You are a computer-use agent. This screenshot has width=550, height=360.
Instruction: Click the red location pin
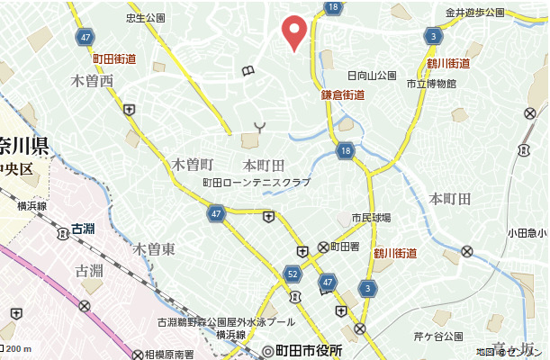click(294, 31)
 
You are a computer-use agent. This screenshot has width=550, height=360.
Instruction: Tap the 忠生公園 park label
click(146, 18)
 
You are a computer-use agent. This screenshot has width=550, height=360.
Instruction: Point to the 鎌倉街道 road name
click(342, 94)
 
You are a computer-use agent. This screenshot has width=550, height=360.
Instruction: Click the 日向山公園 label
click(372, 76)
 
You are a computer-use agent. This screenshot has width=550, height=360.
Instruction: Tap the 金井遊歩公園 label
click(477, 13)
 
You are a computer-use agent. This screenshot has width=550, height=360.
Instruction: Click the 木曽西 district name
click(92, 82)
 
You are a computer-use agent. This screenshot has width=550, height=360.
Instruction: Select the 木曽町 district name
click(192, 165)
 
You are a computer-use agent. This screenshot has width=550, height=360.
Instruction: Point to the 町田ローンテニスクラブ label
click(257, 183)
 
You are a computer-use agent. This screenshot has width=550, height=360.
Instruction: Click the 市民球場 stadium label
click(371, 218)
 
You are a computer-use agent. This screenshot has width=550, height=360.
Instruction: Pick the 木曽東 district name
click(154, 248)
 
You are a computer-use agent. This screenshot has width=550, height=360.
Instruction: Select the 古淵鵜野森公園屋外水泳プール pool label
click(226, 321)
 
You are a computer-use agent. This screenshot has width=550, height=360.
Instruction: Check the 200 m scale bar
click(16, 349)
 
